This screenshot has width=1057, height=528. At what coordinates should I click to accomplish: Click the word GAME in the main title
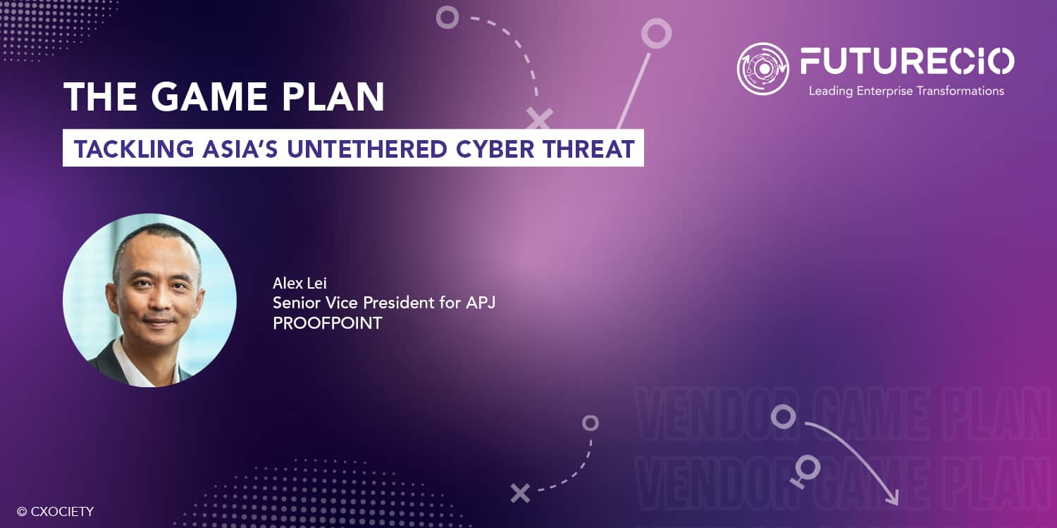pyautogui.click(x=210, y=96)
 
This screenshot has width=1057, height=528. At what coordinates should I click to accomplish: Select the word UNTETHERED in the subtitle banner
pyautogui.click(x=366, y=149)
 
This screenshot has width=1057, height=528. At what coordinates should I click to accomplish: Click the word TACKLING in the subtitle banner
pyautogui.click(x=134, y=149)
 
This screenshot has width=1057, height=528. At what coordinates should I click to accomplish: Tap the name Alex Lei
pyautogui.click(x=299, y=283)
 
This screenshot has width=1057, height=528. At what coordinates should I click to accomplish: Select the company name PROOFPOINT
pyautogui.click(x=328, y=323)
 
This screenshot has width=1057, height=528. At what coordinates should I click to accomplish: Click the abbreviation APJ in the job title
pyautogui.click(x=481, y=303)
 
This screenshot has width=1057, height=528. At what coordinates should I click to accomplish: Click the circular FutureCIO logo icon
pyautogui.click(x=762, y=69)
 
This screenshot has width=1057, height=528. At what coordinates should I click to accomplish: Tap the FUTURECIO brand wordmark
pyautogui.click(x=907, y=61)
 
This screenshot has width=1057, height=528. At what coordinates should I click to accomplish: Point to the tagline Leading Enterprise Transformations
pyautogui.click(x=906, y=91)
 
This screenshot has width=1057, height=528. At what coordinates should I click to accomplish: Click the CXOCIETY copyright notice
pyautogui.click(x=55, y=512)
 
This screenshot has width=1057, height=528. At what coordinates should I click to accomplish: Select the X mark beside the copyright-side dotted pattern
pyautogui.click(x=520, y=493)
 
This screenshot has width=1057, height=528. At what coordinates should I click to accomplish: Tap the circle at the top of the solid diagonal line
pyautogui.click(x=656, y=33)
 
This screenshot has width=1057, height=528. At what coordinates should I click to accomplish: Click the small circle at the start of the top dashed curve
pyautogui.click(x=447, y=18)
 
